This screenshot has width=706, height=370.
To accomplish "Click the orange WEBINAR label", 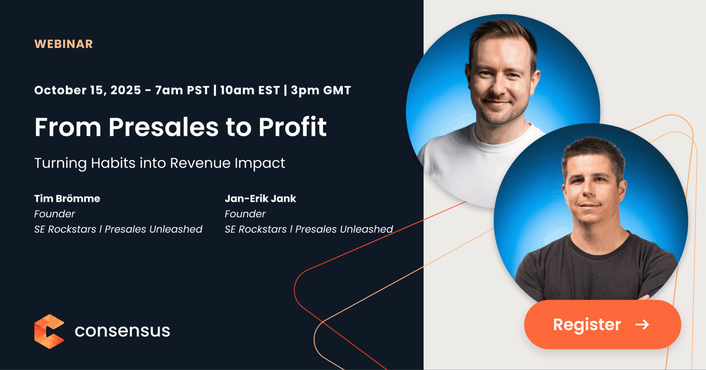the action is point(64,44).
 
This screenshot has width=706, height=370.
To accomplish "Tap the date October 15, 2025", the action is point(88,90).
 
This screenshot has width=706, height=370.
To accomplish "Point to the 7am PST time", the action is point(182,90).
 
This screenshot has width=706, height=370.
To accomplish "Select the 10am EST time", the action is point(250,90).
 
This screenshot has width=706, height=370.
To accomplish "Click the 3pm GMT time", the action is point(321,90).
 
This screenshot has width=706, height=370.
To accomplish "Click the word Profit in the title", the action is point(293,127).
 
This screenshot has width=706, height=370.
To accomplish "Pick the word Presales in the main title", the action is point(163,127).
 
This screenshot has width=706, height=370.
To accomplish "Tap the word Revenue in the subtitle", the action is point(200,163).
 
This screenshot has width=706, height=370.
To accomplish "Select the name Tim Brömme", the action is point(67,198).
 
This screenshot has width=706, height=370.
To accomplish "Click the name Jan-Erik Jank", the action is point(260,198).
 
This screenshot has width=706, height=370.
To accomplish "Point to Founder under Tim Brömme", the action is point(54,214).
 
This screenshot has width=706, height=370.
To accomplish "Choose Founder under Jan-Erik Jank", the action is point(245,214).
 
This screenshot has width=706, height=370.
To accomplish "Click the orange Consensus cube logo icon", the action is point(49,331).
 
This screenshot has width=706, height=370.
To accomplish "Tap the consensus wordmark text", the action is point(122,331).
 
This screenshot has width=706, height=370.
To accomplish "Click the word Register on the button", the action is point(587,325).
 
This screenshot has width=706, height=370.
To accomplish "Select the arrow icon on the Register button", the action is point(642,324).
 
